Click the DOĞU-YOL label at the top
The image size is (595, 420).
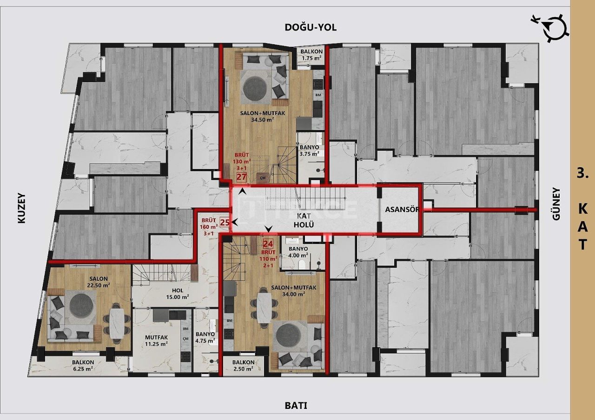pyautogui.click(x=311, y=27)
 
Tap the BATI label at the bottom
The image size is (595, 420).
pyautogui.click(x=296, y=406)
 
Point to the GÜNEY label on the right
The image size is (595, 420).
pyautogui.click(x=556, y=211)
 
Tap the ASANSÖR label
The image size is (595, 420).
pyautogui.click(x=402, y=209)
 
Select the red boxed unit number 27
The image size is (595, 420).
pyautogui.click(x=241, y=177)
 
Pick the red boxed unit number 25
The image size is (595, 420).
pyautogui.click(x=225, y=222)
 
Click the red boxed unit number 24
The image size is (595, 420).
pyautogui.click(x=268, y=243)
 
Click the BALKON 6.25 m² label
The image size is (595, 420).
pyautogui.click(x=83, y=365)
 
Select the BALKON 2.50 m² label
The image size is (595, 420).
pyautogui.click(x=243, y=365)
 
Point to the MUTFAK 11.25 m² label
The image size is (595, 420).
pyautogui.click(x=156, y=341)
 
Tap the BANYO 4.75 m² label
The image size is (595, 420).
pyautogui.click(x=205, y=337)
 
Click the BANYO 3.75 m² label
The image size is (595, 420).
pyautogui.click(x=309, y=150)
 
